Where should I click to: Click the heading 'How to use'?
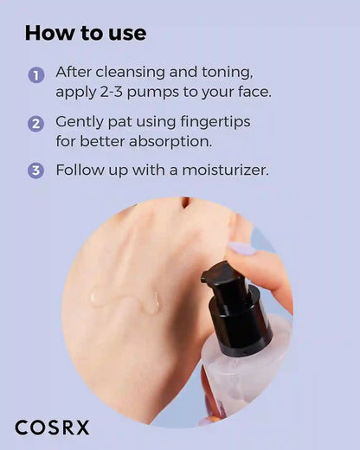coord(85,34)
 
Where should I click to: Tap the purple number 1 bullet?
coord(35,75)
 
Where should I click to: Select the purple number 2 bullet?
coord(35,123)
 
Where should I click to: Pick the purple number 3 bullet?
coord(35,170)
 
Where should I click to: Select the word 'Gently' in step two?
coord(82,121)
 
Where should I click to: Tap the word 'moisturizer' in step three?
coord(224,170)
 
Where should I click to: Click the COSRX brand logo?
coord(52,427)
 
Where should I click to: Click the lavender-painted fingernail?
coord(242,250)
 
